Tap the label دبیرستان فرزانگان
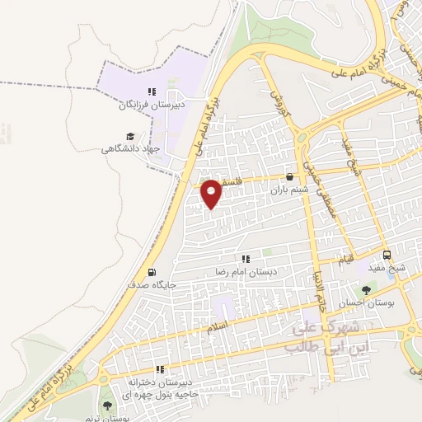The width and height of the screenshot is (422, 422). click(x=150, y=105)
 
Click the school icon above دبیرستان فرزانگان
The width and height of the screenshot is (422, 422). click(x=150, y=91)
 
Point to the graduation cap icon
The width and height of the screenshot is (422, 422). click(x=129, y=136)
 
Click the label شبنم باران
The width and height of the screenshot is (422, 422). click(x=288, y=189)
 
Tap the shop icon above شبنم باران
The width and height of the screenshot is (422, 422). click(x=288, y=176)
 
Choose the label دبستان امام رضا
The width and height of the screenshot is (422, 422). click(x=244, y=271)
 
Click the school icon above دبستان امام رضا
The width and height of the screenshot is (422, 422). click(x=244, y=258)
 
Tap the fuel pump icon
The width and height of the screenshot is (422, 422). click(x=151, y=272)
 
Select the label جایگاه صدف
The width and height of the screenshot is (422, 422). click(x=151, y=285)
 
